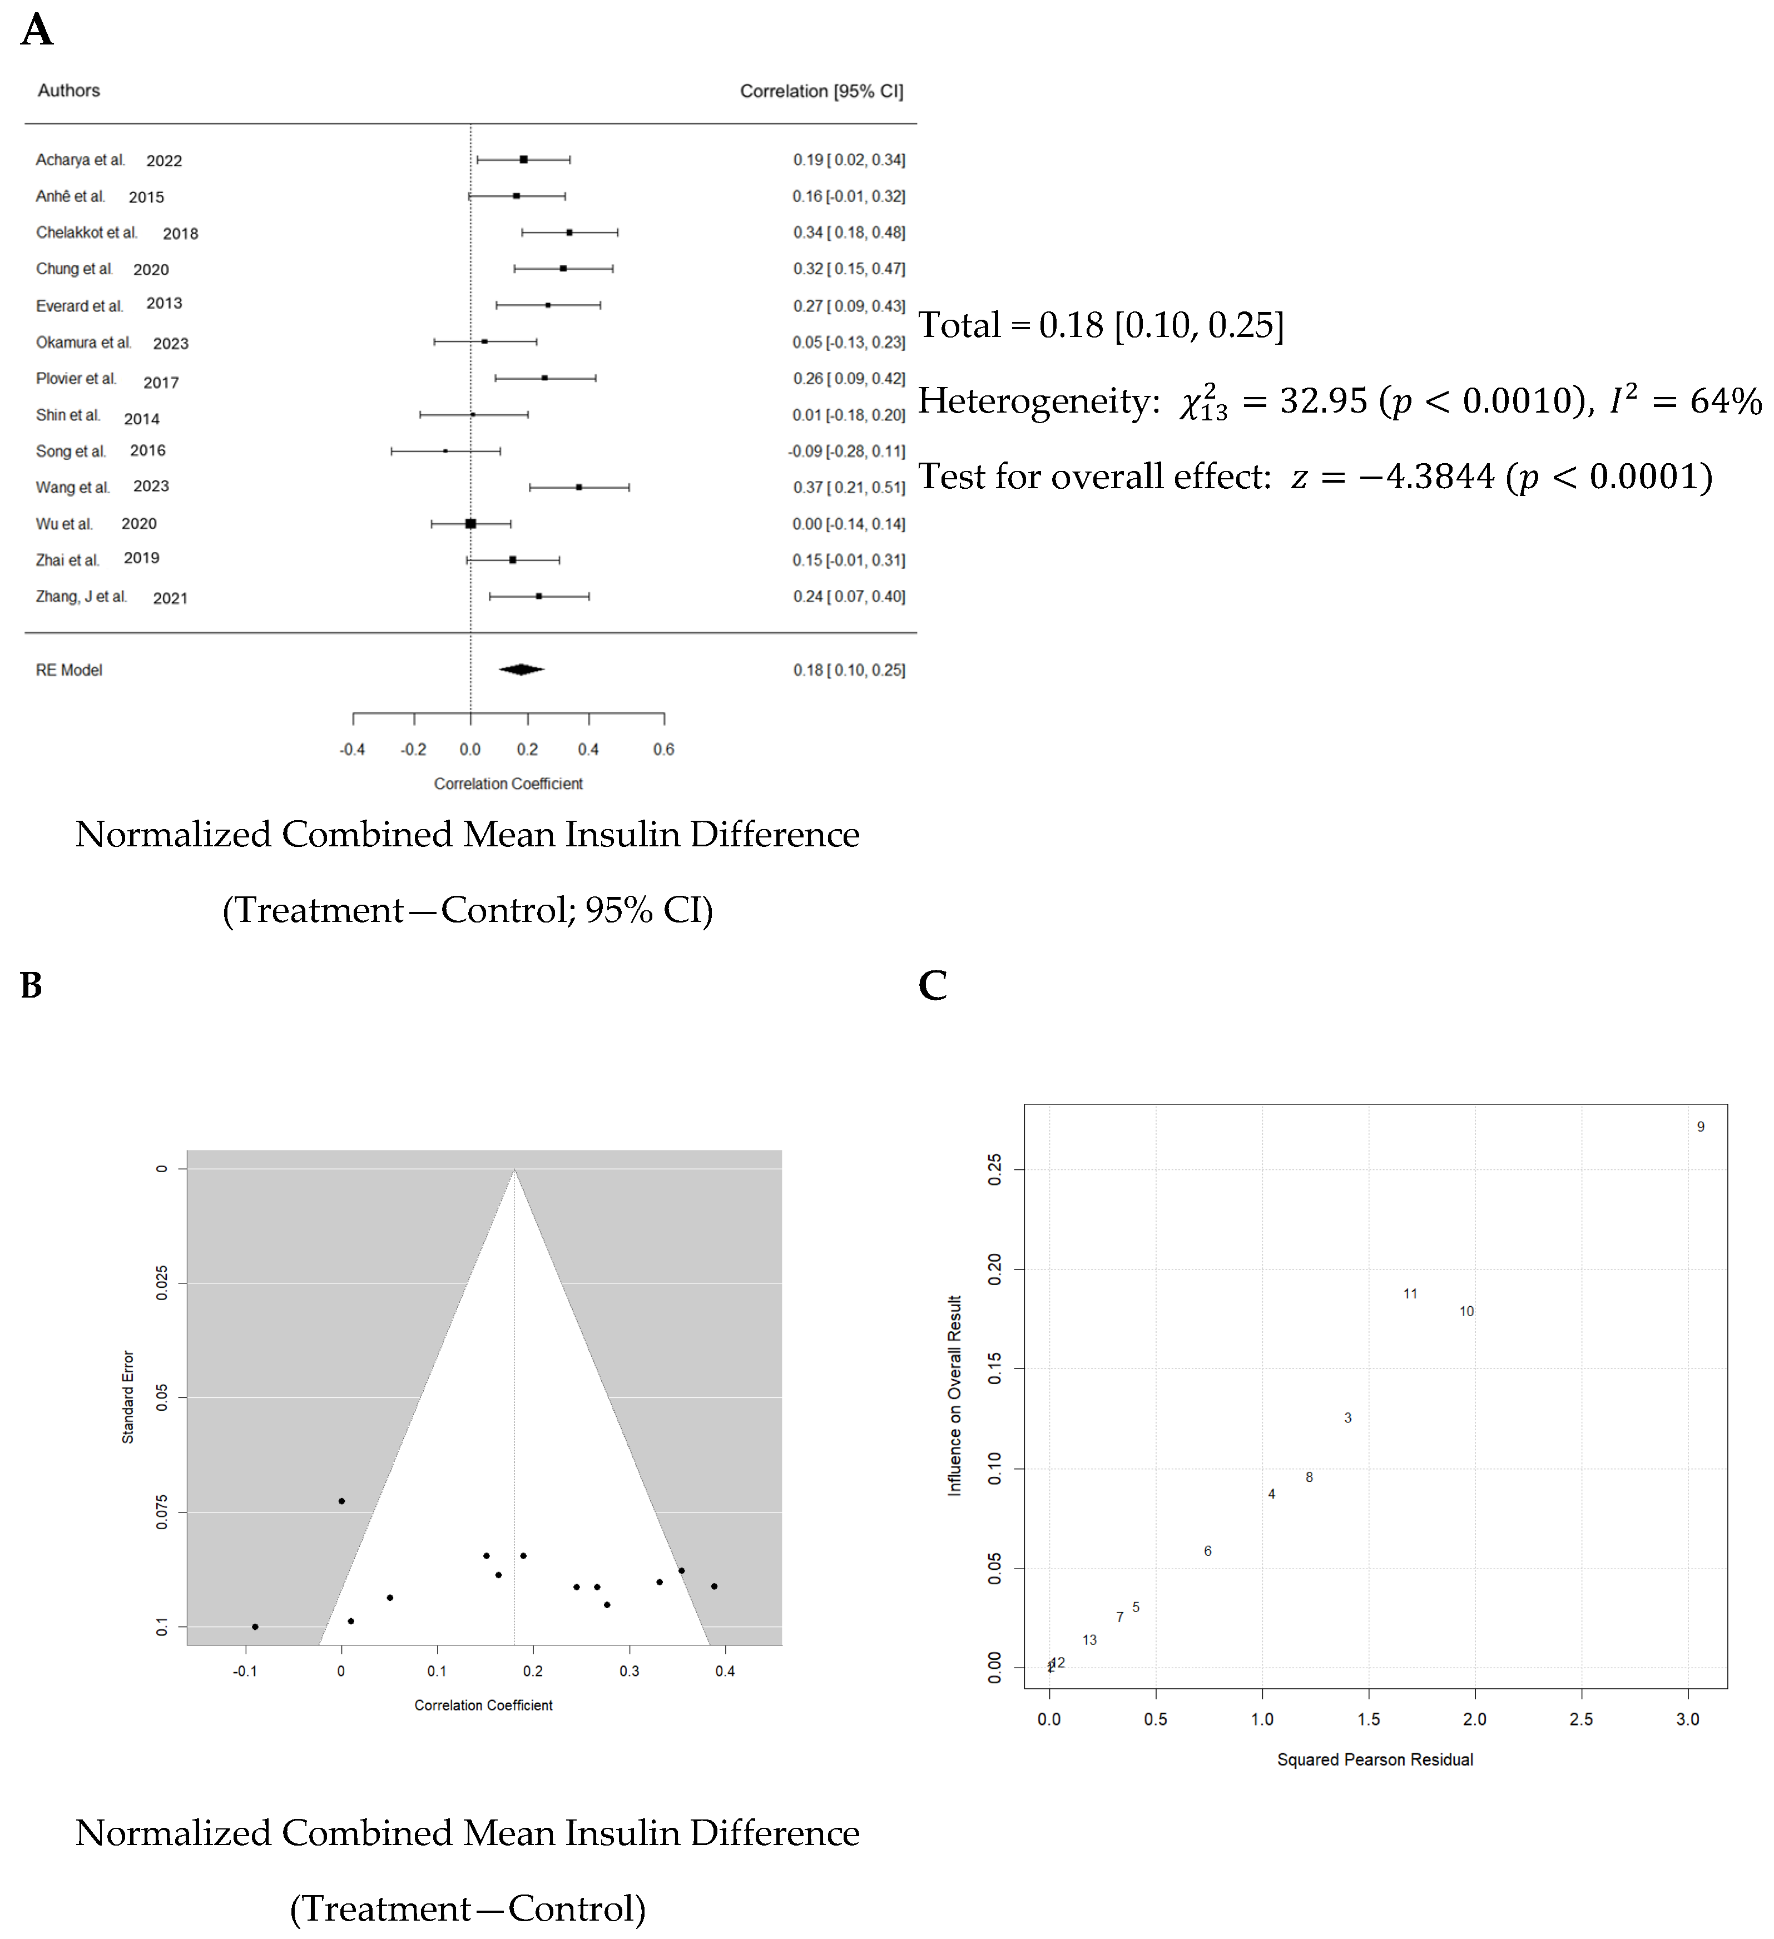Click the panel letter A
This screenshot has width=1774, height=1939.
(x=37, y=30)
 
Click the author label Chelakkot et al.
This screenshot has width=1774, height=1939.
(x=87, y=233)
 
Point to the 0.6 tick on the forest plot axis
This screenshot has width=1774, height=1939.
(x=664, y=749)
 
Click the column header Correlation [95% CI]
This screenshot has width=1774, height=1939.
(x=821, y=91)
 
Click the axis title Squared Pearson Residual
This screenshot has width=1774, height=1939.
(x=1375, y=1760)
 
